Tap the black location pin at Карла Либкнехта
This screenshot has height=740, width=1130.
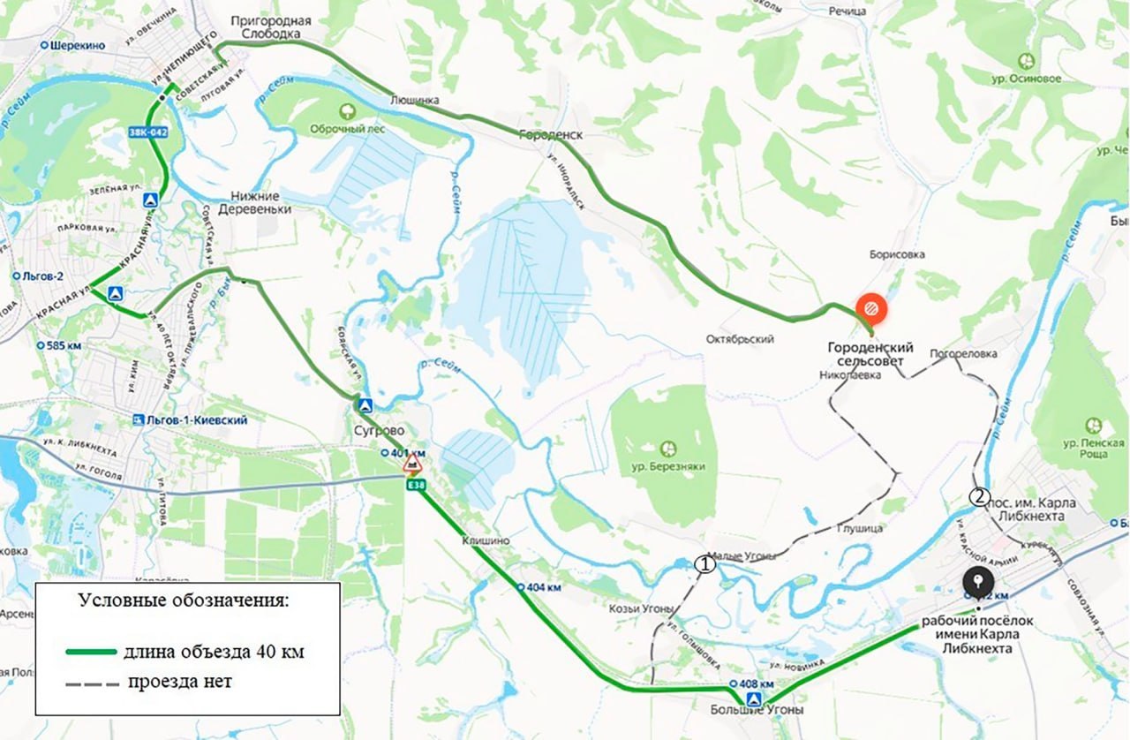[x=976, y=581]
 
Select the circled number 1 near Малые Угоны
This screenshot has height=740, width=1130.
[x=704, y=562]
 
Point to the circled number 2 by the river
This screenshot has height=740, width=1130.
[x=978, y=496]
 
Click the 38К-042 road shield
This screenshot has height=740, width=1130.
[x=147, y=132]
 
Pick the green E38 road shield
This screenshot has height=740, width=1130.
[x=414, y=484]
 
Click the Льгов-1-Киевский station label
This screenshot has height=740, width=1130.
[x=189, y=420]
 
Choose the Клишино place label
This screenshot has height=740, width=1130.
[x=485, y=540]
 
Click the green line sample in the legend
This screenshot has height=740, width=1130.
[x=91, y=652]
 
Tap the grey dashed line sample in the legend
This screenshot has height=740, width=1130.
[x=91, y=683]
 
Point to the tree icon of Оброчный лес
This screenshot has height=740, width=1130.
[x=347, y=110]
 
